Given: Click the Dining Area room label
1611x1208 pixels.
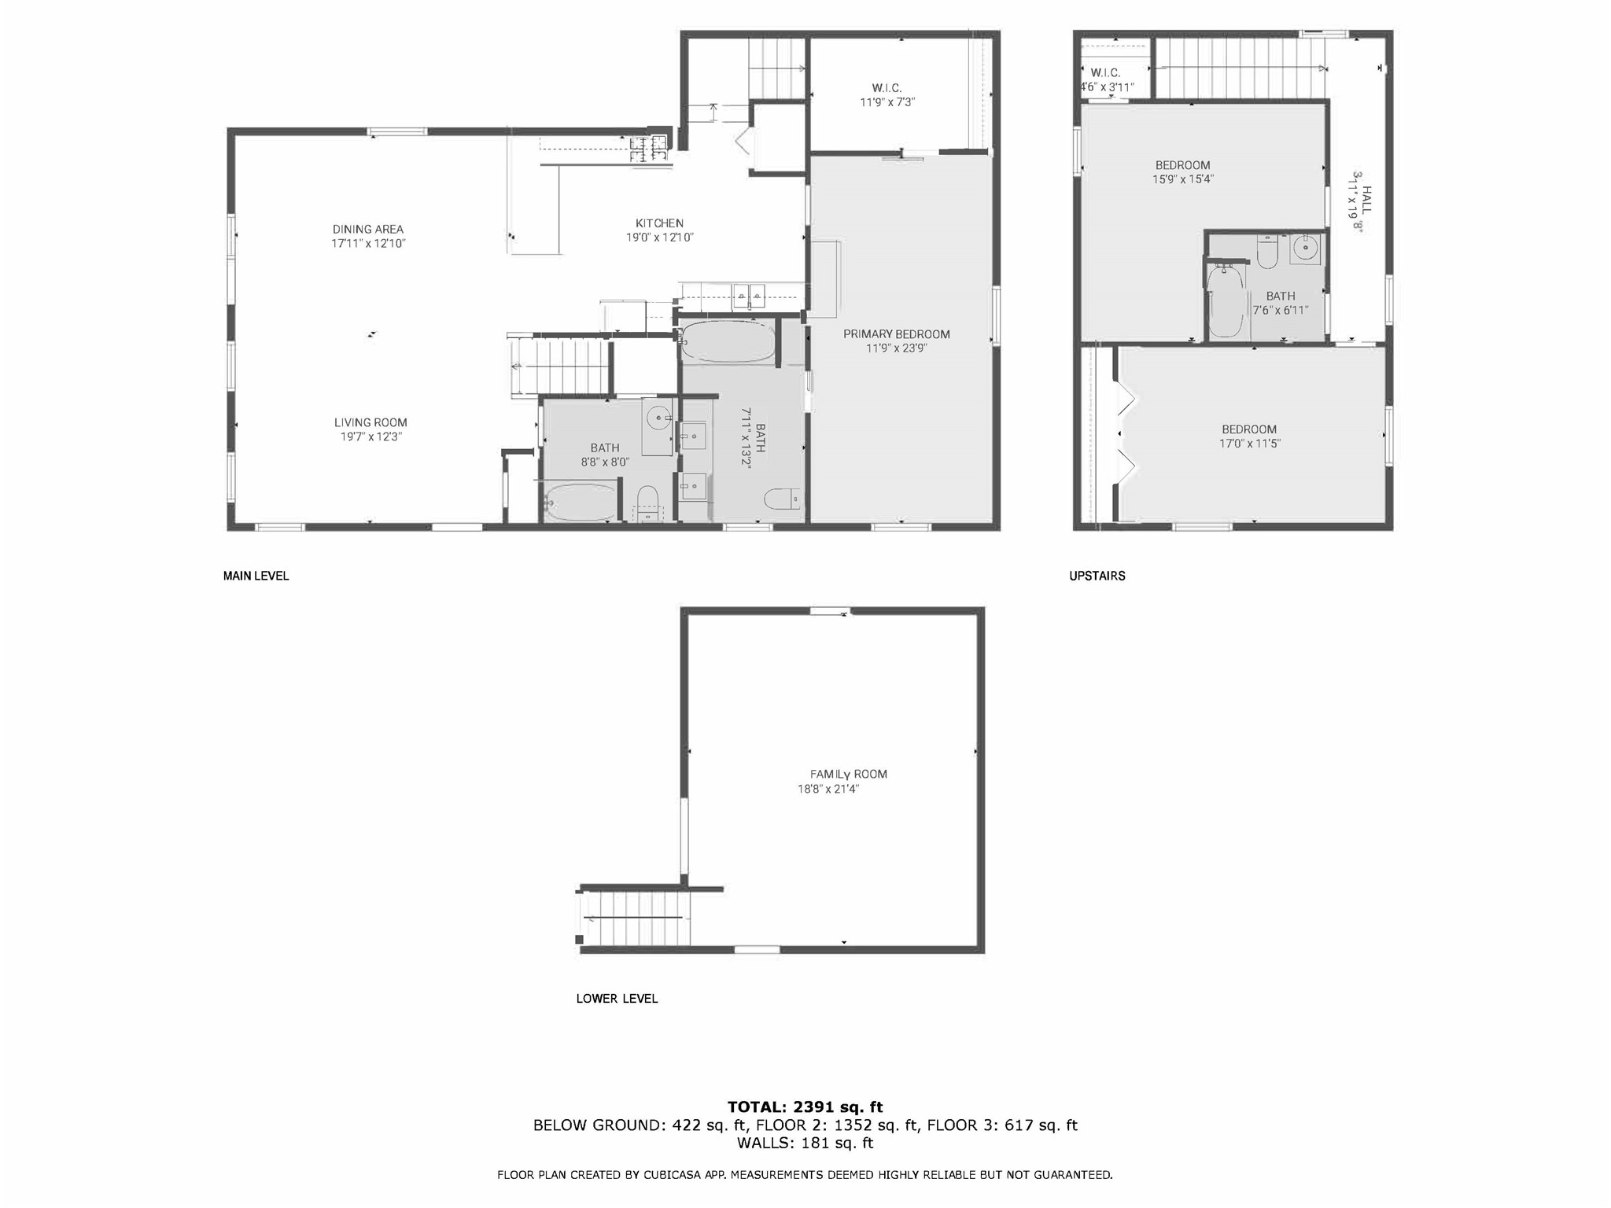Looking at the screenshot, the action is point(368,230).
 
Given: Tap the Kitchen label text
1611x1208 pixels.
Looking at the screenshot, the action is point(659,223).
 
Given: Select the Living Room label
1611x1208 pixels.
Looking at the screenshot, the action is point(370,422).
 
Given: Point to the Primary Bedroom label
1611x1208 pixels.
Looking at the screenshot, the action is point(897,334).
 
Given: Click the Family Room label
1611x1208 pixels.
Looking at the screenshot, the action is point(849,774).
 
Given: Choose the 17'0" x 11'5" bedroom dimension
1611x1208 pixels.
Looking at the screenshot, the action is point(1249,444).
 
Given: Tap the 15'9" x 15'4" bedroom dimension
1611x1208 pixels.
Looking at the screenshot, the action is point(1183,179).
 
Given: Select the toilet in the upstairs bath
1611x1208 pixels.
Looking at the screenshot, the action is point(1267,252).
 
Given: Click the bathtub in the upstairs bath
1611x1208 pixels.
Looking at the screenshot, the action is point(1226,302).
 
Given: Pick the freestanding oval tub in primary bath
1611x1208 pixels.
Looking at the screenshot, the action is point(728,341).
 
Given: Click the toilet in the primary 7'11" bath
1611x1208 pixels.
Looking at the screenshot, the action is point(783,499).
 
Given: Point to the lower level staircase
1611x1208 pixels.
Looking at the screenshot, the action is point(634,918).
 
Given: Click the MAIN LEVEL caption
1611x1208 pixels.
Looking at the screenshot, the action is point(256,576).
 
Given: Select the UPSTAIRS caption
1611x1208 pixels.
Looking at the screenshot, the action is point(1097,576).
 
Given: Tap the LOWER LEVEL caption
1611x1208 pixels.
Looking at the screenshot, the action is point(617,999).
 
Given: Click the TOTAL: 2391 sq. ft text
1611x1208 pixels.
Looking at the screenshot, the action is point(805,1107).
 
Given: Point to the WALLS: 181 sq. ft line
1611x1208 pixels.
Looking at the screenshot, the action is point(805,1143).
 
